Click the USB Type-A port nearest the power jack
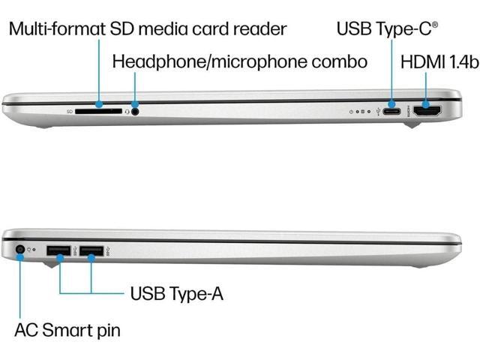pyautogui.click(x=58, y=250)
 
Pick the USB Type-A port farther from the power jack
pyautogui.click(x=91, y=250)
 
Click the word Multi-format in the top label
pyautogui.click(x=56, y=30)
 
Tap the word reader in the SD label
pyautogui.click(x=260, y=30)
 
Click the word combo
pyautogui.click(x=340, y=61)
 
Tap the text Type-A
pyautogui.click(x=196, y=293)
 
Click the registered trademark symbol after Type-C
pyautogui.click(x=435, y=25)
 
